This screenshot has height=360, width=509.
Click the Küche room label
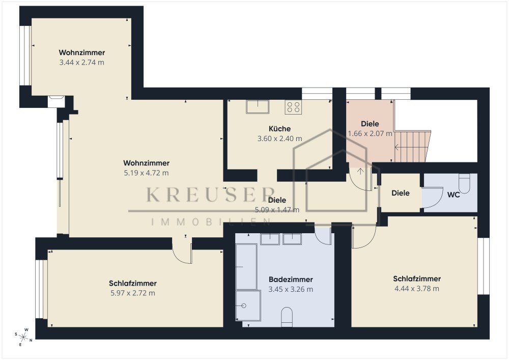279,128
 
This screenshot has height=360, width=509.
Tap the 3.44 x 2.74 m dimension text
81,62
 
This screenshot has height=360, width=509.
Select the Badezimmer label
291,279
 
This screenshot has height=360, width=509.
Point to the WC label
454,195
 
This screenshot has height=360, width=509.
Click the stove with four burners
293,107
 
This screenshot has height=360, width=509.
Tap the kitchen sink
258,106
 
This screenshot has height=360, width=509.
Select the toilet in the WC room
465,183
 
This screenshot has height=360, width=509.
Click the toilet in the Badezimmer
287,317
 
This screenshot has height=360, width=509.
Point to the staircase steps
412,146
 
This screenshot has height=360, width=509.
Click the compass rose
23,337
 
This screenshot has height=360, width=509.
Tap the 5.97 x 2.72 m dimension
133,293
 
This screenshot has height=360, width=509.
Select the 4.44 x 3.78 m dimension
417,289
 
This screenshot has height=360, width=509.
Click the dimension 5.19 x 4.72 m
146,173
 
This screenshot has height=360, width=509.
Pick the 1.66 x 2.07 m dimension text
370,134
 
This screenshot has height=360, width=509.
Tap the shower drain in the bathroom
244,306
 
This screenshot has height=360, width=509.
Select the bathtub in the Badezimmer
246,266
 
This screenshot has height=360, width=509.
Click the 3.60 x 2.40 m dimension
279,139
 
